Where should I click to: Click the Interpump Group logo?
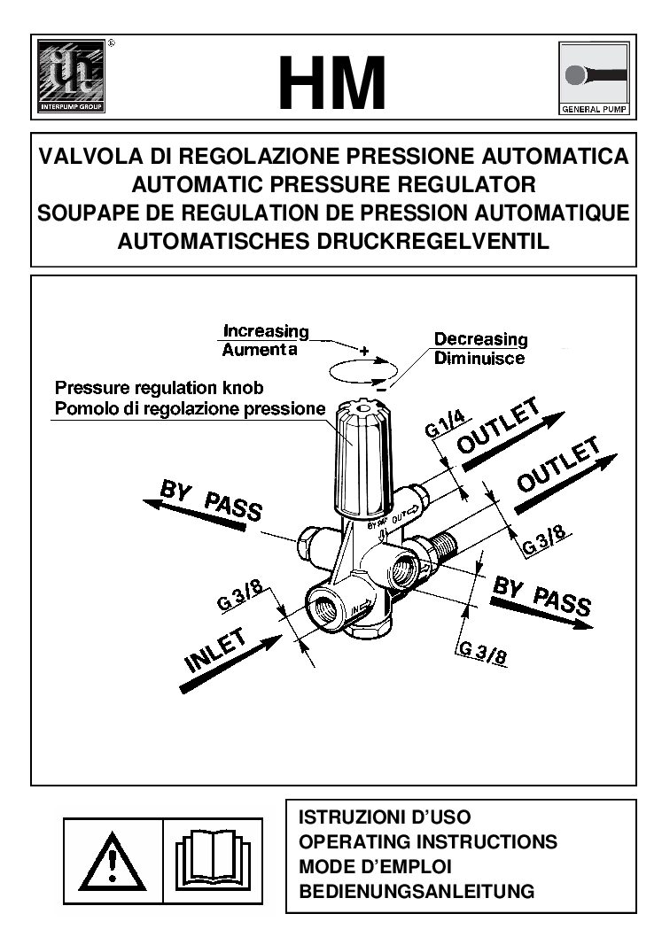[70, 78]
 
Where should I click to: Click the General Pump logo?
[593, 79]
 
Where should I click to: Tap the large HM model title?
[332, 83]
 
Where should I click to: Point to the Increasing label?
[266, 331]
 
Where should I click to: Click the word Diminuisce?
[479, 359]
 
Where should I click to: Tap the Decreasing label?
[480, 339]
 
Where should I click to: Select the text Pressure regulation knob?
[160, 389]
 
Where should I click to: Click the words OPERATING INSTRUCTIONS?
[429, 841]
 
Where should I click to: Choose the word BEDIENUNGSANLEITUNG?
[417, 891]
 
